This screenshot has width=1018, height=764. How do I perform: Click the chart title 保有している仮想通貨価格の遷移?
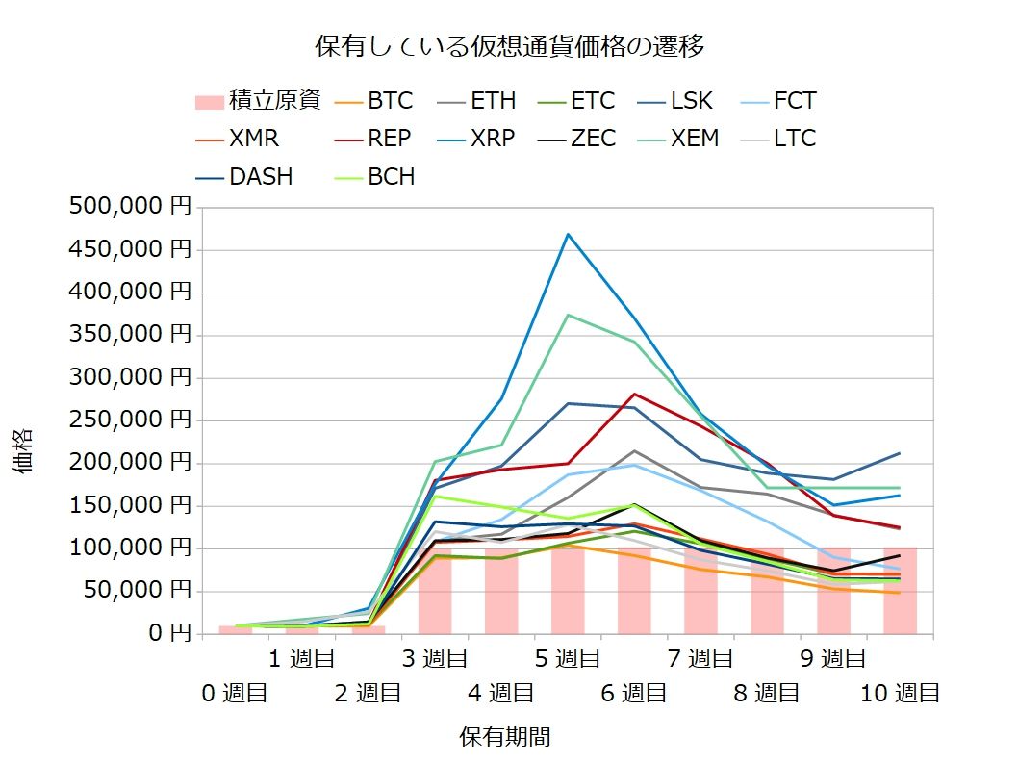click(510, 45)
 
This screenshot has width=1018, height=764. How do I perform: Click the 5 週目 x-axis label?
click(567, 659)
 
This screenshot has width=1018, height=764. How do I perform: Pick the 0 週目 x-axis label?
click(235, 693)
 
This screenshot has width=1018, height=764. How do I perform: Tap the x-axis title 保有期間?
click(505, 737)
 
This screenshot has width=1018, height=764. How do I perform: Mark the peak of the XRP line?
click(568, 234)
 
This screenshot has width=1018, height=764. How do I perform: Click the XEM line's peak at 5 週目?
click(568, 315)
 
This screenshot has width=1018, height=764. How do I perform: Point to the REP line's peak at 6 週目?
click(634, 394)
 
